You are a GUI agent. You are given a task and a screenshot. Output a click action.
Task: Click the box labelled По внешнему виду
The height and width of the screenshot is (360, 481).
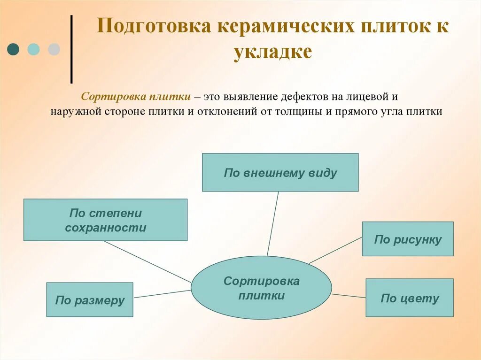click(280, 172)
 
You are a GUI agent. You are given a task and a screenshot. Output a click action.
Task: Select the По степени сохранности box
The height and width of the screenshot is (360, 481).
click(105, 220)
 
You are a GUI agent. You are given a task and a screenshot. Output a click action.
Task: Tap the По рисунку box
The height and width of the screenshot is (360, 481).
click(407, 239)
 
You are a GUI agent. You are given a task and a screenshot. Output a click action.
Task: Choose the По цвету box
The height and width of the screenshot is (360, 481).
click(409, 298)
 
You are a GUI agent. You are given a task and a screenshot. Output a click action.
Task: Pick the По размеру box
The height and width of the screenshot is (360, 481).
click(90, 299)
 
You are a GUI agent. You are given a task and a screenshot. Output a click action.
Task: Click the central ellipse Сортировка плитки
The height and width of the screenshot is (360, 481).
click(261, 288)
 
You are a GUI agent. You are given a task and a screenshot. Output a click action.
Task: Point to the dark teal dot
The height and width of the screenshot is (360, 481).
click(14, 49)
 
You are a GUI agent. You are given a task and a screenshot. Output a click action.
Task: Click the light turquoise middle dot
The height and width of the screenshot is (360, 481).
click(33, 49)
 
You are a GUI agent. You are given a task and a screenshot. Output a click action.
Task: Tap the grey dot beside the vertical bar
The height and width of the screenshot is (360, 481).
click(54, 49)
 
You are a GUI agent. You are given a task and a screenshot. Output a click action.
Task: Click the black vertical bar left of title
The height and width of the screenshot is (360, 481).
click(71, 49)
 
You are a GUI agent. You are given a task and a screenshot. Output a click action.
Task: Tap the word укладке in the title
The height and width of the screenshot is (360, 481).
click(272, 52)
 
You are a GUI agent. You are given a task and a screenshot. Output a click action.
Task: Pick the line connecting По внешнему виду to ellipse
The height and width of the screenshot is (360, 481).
click(273, 223)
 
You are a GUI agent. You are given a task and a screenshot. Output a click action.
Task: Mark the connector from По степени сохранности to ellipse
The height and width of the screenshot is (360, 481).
click(147, 261)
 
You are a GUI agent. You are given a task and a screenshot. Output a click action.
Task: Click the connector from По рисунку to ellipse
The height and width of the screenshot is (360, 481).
click(335, 250)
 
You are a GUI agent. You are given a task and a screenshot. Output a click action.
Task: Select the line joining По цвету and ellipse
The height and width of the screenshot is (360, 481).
click(349, 296)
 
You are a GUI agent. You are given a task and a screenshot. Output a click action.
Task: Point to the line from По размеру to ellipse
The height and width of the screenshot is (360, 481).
click(162, 294)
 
